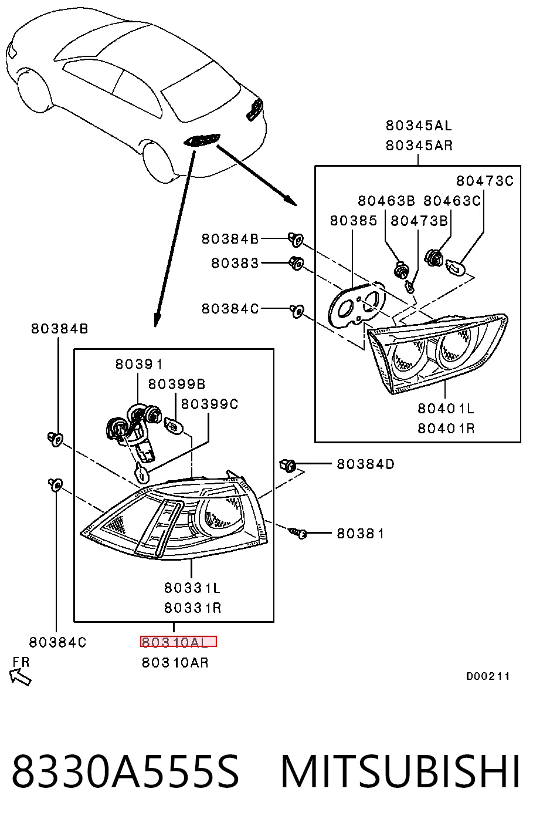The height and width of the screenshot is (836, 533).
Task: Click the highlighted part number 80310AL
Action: tap(178, 642)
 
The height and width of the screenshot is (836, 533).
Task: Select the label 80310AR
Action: tap(175, 663)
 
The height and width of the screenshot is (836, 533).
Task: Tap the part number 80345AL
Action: tap(419, 126)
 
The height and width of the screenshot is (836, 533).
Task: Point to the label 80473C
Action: tap(485, 181)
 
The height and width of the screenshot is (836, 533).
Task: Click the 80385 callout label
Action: tap(354, 221)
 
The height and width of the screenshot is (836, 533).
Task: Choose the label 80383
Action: tap(235, 263)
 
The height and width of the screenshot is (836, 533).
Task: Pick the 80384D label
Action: tap(365, 464)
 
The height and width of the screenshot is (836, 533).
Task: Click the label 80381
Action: tap(360, 533)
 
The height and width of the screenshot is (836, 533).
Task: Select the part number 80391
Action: tap(138, 364)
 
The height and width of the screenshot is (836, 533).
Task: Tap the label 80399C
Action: tap(209, 404)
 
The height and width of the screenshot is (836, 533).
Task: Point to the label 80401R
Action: tap(446, 429)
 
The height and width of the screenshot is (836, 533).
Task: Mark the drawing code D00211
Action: tap(487, 676)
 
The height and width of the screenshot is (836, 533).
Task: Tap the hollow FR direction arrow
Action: tap(20, 677)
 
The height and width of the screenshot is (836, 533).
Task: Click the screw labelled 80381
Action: tap(297, 532)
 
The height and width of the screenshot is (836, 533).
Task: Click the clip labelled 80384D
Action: tap(288, 466)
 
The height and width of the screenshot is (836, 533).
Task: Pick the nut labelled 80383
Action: tap(296, 264)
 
